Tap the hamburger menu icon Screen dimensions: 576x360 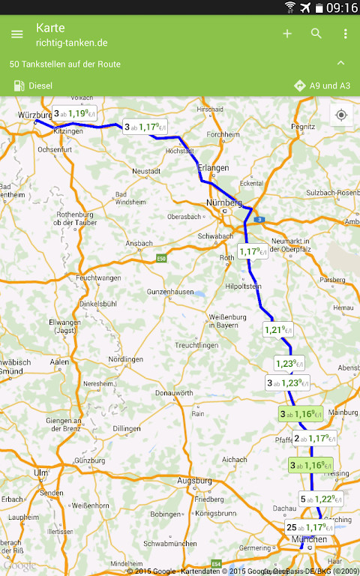[16, 34]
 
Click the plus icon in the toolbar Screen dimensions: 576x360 [287, 34]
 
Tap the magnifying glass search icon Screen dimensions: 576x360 [316, 34]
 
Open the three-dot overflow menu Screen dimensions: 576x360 [345, 34]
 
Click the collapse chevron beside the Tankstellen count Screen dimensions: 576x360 [341, 64]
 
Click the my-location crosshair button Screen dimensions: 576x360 [341, 115]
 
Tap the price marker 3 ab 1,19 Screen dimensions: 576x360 [76, 114]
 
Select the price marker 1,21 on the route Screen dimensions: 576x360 [277, 329]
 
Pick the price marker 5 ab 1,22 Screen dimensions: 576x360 [320, 499]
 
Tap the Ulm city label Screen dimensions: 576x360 [40, 472]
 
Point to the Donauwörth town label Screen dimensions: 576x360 [174, 393]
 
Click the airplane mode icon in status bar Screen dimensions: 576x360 [304, 7]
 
